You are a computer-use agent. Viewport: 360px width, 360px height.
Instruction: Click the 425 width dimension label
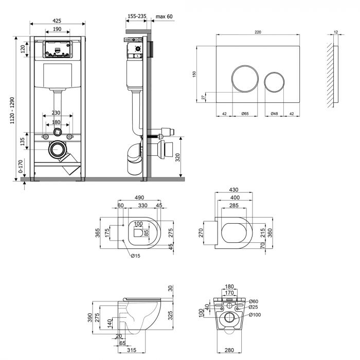57,20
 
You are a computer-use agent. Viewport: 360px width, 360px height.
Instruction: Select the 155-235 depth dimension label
136,17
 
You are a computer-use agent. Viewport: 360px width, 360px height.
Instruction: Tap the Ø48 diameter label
274,113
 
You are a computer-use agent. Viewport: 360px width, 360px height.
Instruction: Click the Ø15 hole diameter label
136,256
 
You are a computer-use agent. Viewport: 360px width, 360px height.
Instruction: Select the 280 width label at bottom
230,351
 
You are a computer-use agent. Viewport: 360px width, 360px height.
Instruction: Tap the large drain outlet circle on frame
58,150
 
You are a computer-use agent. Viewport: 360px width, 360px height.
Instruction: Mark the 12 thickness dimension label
336,32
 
